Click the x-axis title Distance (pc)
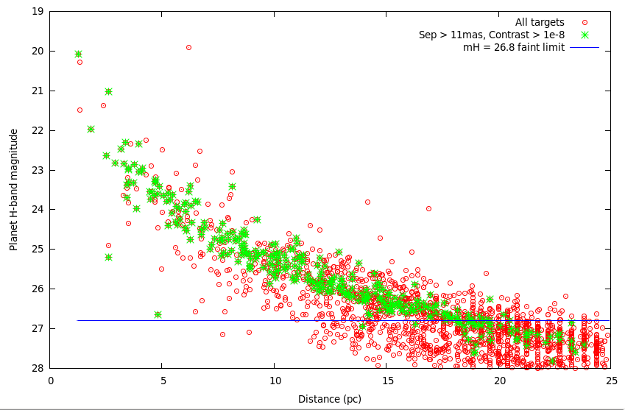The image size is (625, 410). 329,399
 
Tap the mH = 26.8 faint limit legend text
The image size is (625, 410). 514,47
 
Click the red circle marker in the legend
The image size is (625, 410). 585,23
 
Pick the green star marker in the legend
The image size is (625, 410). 585,35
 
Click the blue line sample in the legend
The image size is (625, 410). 585,47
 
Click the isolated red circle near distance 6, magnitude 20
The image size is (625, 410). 188,47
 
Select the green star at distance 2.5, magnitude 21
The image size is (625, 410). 108,91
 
